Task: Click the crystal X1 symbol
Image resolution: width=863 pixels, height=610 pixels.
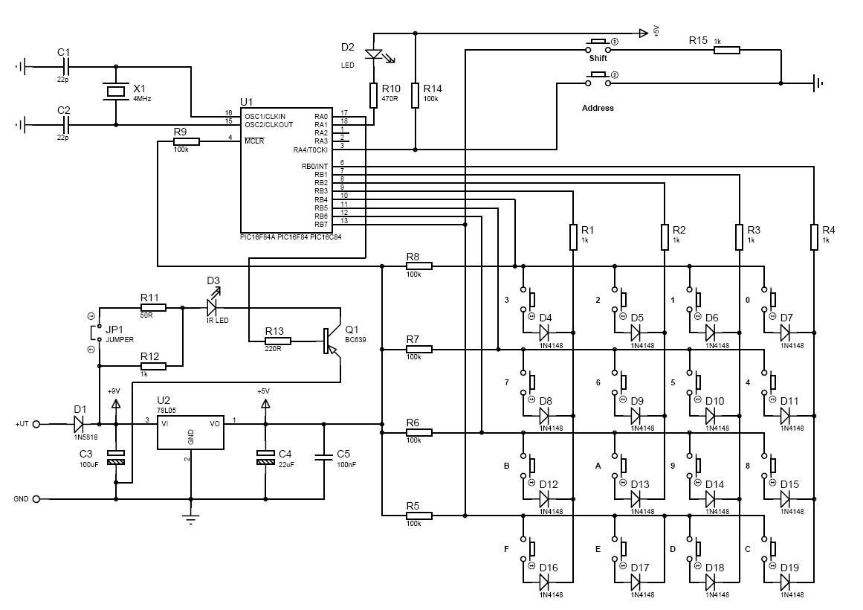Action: tap(115, 91)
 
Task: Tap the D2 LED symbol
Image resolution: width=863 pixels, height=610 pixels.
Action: tap(375, 54)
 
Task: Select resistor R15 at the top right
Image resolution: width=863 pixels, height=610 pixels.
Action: tap(726, 51)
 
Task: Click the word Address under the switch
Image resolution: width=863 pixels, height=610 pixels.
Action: tap(598, 108)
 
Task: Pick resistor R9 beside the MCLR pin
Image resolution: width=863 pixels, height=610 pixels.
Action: tap(186, 141)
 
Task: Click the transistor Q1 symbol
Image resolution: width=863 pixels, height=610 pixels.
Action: tap(332, 340)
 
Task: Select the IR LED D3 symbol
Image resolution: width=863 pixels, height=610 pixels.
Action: tap(213, 306)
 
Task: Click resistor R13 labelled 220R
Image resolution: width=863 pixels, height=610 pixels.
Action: tap(277, 341)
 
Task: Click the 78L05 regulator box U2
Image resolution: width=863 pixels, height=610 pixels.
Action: tap(190, 431)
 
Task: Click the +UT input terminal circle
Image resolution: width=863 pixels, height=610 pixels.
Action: tap(36, 424)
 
